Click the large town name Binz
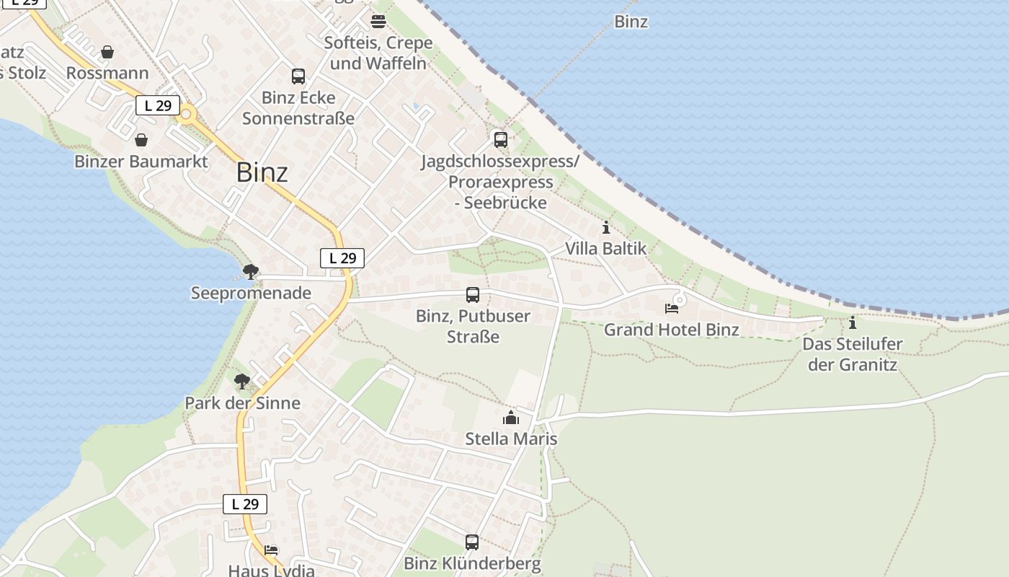[262, 172]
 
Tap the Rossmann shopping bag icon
[107, 52]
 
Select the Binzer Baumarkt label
[141, 161]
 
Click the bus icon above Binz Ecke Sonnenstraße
[298, 76]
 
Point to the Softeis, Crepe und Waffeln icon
[378, 21]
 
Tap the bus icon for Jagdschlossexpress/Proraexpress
[500, 139]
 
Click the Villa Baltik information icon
[605, 228]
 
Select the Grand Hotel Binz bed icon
[672, 309]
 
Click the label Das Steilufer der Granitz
[853, 353]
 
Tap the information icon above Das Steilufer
[853, 322]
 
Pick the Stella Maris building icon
[511, 418]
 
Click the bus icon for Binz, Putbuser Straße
[473, 294]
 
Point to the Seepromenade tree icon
[251, 272]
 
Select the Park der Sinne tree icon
[242, 381]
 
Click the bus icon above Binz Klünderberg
[472, 542]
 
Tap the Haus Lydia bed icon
[271, 550]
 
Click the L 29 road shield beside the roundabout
[158, 105]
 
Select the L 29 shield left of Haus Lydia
[245, 504]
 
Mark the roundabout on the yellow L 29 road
[187, 113]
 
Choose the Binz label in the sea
[631, 22]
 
